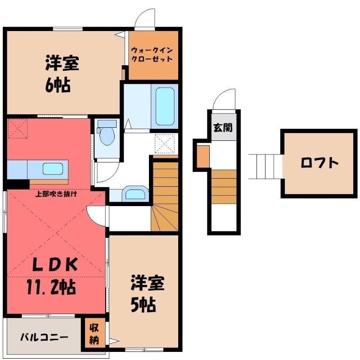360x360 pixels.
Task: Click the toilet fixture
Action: (x=107, y=133)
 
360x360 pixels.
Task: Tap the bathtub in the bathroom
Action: (x=165, y=106)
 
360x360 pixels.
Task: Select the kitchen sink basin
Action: (x=53, y=169)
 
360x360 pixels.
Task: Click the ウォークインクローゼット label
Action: (x=152, y=54)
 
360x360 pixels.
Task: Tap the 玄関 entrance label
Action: (x=223, y=128)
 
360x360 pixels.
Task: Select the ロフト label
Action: (x=319, y=163)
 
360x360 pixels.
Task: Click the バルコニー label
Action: (x=44, y=337)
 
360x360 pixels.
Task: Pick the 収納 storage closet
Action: (x=94, y=334)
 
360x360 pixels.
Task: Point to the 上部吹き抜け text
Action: (x=56, y=194)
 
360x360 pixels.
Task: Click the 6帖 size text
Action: (x=58, y=85)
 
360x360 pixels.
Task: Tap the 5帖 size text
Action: (x=144, y=305)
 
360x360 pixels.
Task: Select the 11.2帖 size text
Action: (x=51, y=287)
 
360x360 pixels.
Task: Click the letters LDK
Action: (x=55, y=264)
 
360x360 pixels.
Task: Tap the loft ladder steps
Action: (x=265, y=166)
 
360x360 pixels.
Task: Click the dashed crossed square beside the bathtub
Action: (x=165, y=144)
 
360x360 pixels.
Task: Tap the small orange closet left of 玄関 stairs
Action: (x=203, y=156)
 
